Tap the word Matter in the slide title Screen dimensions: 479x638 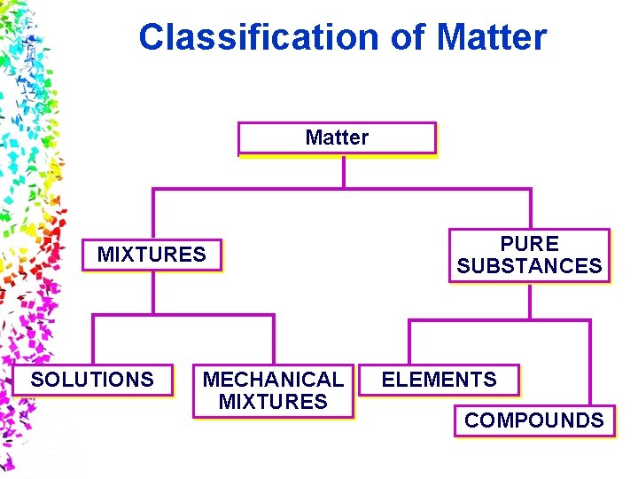492,37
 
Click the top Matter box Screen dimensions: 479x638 337,138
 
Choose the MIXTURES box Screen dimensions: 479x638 152,255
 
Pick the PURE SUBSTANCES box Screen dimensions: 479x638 529,255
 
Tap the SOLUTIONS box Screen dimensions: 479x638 92,380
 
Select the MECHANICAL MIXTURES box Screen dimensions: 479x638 273,390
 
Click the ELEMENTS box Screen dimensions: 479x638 440,380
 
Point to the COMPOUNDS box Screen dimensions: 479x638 533,420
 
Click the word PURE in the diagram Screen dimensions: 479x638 529,244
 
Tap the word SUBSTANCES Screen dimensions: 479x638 529,266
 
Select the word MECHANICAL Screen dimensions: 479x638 273,380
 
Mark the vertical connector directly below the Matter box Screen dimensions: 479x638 343,171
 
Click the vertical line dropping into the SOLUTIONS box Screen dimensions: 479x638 93,340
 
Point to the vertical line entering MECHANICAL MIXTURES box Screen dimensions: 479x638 274,340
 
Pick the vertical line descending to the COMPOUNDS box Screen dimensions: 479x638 589,364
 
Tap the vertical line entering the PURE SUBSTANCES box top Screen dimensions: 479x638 530,208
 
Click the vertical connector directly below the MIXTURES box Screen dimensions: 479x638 152,292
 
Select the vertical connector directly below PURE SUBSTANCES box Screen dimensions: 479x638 530,300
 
